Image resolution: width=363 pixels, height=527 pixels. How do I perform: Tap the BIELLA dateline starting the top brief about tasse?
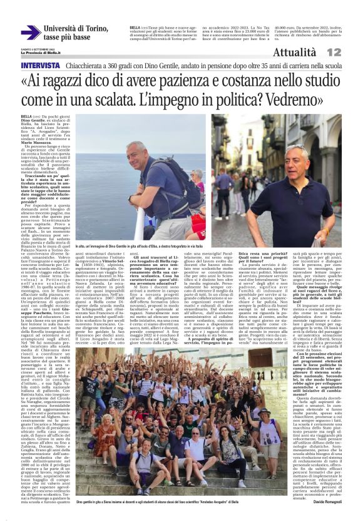tap(135, 28)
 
